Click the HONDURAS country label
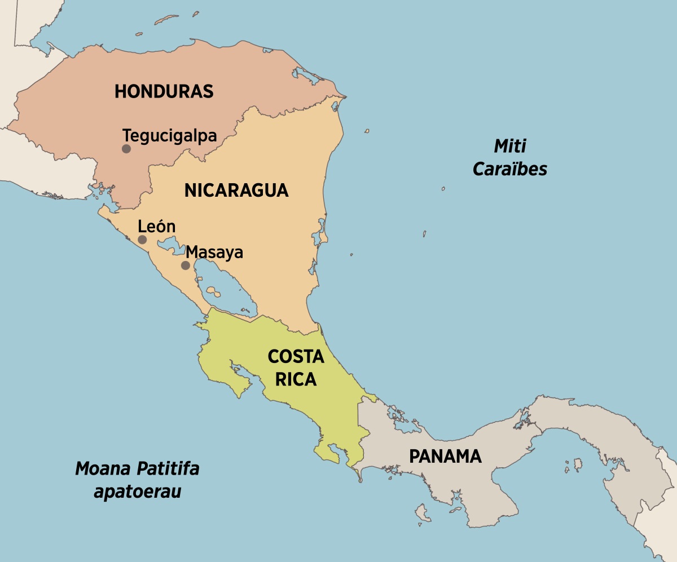tap(164, 91)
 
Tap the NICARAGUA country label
tap(236, 191)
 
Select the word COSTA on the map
tap(296, 357)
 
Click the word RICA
tap(296, 380)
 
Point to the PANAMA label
tap(445, 456)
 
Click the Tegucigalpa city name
tap(170, 136)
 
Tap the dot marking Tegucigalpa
tap(126, 149)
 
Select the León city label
tap(157, 227)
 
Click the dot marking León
tap(142, 240)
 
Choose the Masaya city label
tap(214, 252)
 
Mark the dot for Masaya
tap(185, 265)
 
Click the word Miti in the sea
tap(510, 147)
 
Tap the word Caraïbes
tap(510, 169)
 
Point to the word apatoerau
tap(138, 491)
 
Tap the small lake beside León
tap(168, 244)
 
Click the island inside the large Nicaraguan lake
tap(213, 291)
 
